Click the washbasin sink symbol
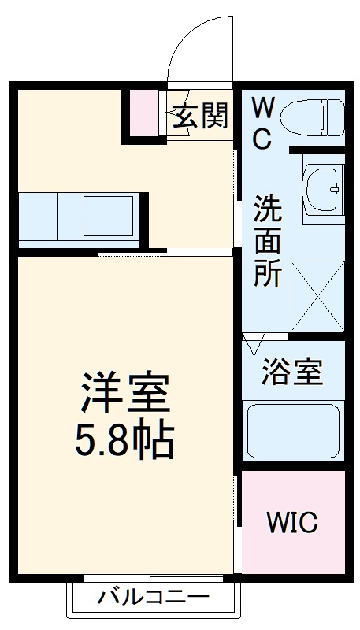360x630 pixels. [322, 189]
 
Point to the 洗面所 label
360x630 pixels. [267, 242]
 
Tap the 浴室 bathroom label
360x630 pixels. [292, 372]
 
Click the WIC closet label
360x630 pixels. [291, 521]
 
